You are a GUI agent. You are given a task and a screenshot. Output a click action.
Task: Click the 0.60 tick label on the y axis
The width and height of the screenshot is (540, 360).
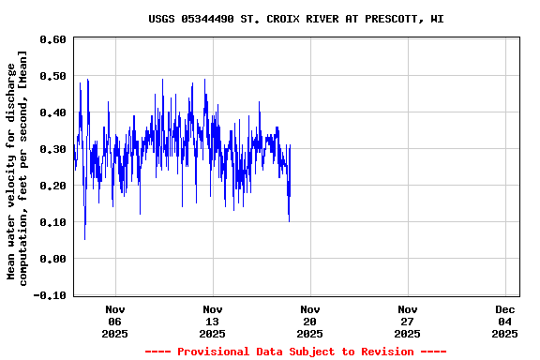(x=52, y=39)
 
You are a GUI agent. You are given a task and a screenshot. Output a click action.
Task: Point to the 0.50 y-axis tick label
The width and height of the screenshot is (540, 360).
(x=52, y=76)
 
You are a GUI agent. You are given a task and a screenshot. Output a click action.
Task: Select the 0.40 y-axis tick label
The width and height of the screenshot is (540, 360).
(x=52, y=112)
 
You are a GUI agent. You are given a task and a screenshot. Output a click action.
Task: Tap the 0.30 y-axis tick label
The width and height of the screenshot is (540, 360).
(x=52, y=149)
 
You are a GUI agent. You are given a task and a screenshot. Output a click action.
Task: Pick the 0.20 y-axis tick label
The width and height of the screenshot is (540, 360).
(x=52, y=186)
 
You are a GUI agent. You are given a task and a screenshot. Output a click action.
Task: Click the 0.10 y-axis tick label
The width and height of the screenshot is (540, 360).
(x=52, y=222)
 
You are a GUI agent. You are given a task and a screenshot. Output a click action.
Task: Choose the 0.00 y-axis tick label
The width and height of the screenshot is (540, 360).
(x=52, y=259)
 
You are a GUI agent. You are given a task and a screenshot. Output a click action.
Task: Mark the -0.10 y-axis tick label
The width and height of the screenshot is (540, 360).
(x=49, y=295)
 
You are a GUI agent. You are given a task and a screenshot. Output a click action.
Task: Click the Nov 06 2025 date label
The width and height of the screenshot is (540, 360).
(x=115, y=321)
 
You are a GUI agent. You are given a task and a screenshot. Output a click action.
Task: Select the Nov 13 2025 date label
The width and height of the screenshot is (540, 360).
(x=213, y=321)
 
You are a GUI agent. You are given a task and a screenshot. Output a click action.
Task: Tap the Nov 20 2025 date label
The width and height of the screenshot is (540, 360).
(x=310, y=321)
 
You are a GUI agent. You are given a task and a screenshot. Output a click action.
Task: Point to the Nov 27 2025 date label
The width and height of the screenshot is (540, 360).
(x=408, y=321)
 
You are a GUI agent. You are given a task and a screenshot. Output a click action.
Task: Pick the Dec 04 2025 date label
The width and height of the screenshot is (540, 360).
(x=505, y=321)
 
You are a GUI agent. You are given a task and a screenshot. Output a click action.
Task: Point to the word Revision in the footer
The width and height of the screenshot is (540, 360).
(x=383, y=352)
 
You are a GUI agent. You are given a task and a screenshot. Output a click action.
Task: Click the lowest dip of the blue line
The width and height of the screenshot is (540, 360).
(x=85, y=238)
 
